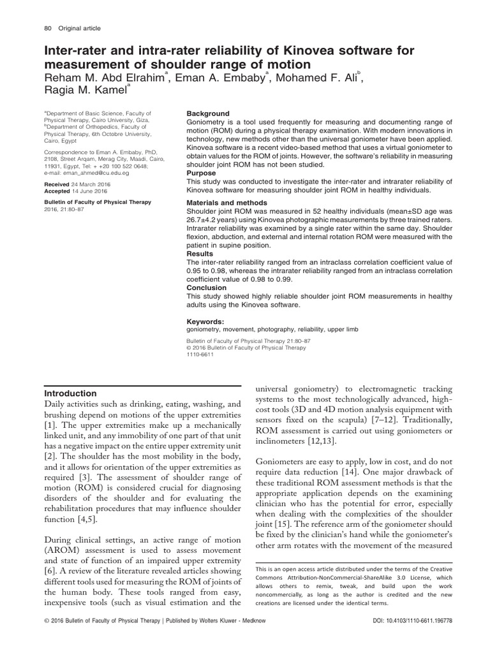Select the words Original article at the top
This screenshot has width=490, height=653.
[x=80, y=28]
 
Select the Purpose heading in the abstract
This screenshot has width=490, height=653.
[x=201, y=173]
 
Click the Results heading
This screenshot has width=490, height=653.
[x=200, y=253]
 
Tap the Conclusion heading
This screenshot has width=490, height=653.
[x=207, y=288]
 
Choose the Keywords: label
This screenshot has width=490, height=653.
[x=205, y=321]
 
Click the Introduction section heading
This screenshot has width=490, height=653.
[x=70, y=393]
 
